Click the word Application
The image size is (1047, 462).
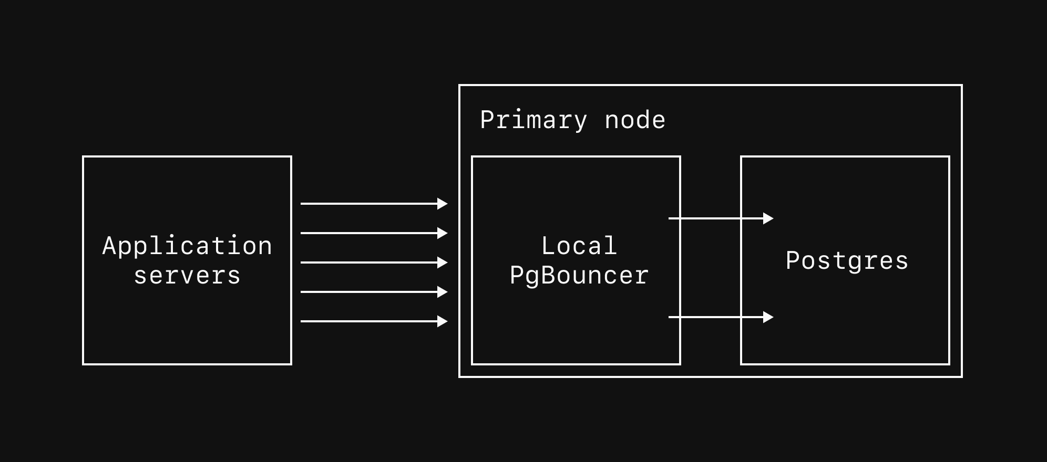(187, 246)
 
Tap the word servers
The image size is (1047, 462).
(187, 276)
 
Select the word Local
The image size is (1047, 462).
(579, 246)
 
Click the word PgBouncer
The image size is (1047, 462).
(579, 276)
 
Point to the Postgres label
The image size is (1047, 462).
(846, 260)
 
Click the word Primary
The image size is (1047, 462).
(533, 120)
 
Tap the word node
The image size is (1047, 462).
(635, 120)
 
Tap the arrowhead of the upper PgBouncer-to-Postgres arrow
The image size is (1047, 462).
(768, 218)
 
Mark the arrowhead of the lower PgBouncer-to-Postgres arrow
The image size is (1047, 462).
(768, 317)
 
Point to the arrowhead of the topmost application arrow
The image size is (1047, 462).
(443, 204)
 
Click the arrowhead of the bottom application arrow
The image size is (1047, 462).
(443, 321)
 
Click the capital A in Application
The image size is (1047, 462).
(109, 246)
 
